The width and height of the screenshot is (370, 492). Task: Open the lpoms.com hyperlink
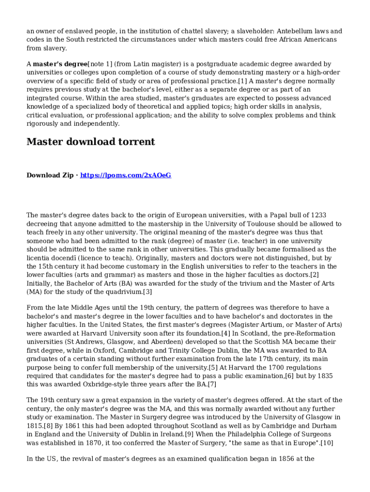point(125,175)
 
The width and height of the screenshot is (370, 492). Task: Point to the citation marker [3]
point(147,292)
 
